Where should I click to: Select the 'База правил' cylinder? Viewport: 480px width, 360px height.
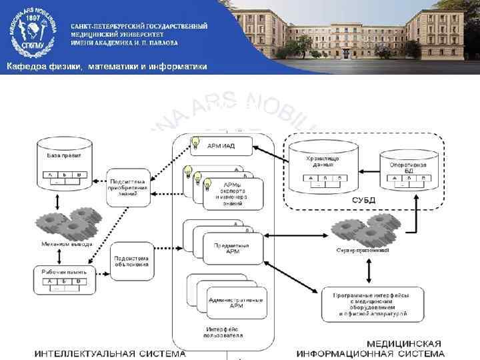point(65,161)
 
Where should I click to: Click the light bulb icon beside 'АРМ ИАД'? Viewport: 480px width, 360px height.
point(195,142)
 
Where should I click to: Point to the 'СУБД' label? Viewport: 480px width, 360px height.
point(363,199)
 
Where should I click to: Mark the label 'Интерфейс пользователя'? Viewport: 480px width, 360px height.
point(224,331)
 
